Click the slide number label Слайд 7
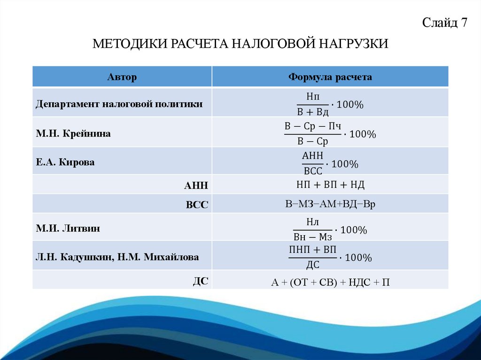coord(444,22)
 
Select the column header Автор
coord(122,77)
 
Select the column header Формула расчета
coord(330,77)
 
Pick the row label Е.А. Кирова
coord(65,162)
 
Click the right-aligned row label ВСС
coord(198,205)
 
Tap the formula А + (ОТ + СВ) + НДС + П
coord(330,282)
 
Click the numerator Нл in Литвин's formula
coord(312,222)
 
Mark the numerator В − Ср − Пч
coord(312,126)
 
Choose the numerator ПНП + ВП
coord(312,250)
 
